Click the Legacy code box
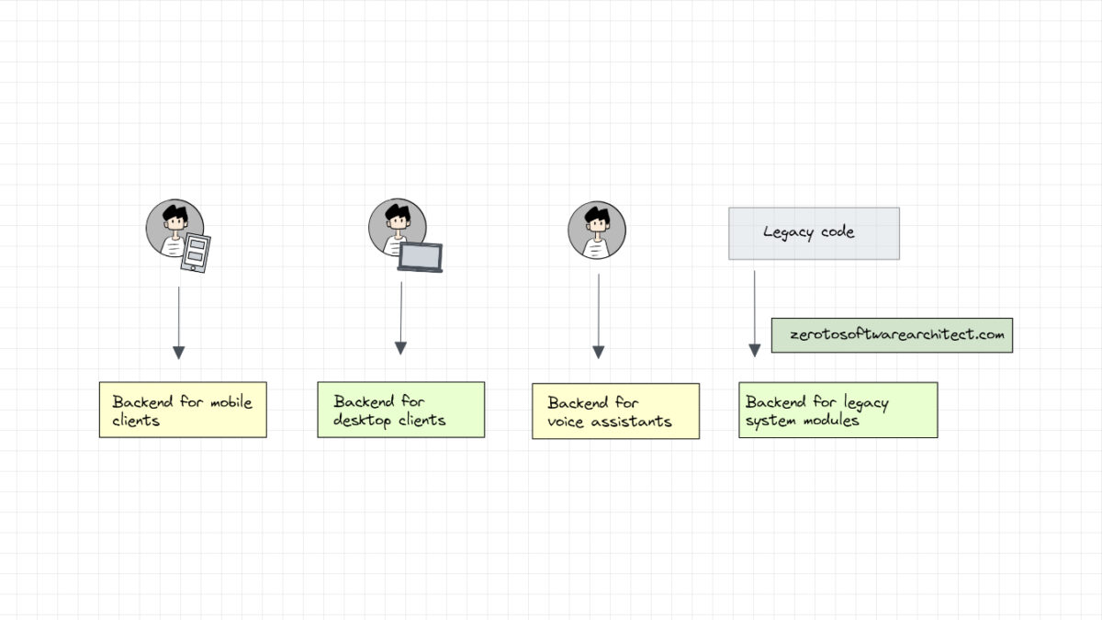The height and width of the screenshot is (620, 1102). tap(814, 233)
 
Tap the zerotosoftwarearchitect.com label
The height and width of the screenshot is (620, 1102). tap(891, 335)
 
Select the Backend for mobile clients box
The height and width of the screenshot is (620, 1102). tap(183, 410)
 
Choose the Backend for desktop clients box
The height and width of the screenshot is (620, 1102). tap(400, 410)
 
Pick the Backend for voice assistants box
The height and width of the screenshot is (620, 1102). tap(615, 411)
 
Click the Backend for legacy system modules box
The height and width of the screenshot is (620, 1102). tap(838, 410)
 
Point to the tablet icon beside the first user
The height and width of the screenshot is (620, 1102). tap(196, 253)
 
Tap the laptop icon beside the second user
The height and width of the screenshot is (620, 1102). tap(420, 257)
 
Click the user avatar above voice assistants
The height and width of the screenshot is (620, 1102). tap(597, 231)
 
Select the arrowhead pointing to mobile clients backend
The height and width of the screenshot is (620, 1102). tap(179, 353)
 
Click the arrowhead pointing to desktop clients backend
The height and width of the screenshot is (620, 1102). tap(400, 348)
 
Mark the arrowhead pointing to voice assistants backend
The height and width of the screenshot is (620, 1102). tap(599, 352)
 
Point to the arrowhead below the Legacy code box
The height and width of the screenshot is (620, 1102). tap(755, 350)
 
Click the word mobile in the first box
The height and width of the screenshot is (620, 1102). tap(231, 402)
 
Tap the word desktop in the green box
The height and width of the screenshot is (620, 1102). tap(362, 421)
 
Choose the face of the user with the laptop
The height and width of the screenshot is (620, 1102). tap(398, 224)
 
